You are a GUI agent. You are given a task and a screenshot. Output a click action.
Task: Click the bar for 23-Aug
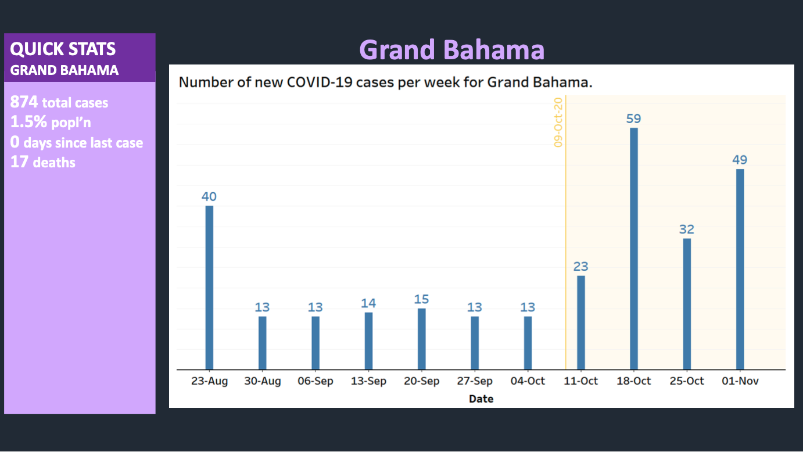pos(209,288)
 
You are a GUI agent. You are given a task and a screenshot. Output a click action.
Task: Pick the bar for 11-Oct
pos(580,322)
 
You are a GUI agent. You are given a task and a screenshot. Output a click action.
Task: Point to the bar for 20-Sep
pos(422,339)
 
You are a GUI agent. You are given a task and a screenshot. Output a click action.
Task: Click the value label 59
pos(633,119)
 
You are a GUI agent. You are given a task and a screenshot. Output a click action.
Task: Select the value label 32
pos(687,229)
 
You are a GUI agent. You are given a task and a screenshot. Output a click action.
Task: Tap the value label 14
pos(368,303)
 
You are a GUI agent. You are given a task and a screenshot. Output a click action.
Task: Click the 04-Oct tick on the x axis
pos(528,381)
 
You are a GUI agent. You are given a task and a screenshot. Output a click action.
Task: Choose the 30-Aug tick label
pos(263,381)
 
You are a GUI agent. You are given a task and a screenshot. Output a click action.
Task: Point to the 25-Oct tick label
pos(687,381)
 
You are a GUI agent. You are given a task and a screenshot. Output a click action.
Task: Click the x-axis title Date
pos(481,399)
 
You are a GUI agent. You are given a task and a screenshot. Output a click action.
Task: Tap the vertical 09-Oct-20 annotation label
pos(558,122)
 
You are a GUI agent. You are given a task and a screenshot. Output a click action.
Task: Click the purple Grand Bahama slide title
pos(452,50)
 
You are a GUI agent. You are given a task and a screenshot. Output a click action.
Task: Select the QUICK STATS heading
pos(63,49)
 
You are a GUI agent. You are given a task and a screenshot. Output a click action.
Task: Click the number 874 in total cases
pos(24,102)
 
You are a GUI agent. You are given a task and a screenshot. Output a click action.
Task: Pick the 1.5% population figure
pos(28,122)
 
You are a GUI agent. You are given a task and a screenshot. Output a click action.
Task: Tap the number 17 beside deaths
pos(19,162)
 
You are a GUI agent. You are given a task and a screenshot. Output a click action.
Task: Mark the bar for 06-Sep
pos(316,343)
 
